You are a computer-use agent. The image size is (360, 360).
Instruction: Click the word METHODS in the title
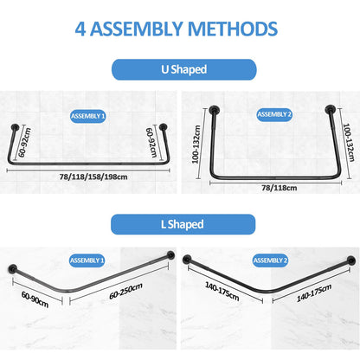pos(233,29)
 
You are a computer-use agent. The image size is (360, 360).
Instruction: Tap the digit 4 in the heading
pos(80,29)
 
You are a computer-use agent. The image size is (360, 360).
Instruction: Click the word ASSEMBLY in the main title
pos(137,29)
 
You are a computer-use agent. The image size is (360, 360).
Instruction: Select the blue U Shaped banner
pos(184,69)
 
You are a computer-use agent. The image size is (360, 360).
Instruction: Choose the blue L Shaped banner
pos(183,224)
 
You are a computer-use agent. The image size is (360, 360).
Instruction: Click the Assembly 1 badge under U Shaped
pos(88,116)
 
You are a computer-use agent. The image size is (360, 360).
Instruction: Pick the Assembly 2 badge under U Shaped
pos(274,114)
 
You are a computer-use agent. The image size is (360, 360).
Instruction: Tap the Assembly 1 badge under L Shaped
pos(87,260)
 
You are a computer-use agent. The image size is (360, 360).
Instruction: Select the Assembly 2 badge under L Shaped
pos(270,260)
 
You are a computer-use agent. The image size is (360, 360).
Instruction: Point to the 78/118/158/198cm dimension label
pos(93,177)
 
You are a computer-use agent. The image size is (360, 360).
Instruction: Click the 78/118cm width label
pos(280,188)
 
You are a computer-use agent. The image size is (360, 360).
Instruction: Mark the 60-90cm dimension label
pos(35,299)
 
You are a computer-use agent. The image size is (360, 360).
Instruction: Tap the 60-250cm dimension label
pos(125,291)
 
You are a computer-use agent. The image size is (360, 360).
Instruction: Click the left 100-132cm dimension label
pos(196,145)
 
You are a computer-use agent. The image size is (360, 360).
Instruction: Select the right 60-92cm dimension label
pos(151,143)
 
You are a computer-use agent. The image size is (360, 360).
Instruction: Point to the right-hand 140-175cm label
pos(314,292)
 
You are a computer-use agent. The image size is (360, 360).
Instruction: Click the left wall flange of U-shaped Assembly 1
pos(15,127)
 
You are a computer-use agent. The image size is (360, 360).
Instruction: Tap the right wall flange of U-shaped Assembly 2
pos(330,109)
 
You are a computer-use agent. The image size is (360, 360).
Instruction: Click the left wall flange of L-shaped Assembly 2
pos(187,260)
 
